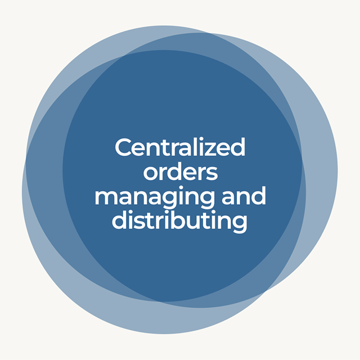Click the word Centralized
tap(180, 148)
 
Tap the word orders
tap(180, 173)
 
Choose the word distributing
tap(180, 221)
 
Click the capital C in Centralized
tap(123, 148)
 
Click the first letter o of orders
tap(150, 174)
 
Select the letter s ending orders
tap(211, 174)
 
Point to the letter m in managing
tap(105, 198)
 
